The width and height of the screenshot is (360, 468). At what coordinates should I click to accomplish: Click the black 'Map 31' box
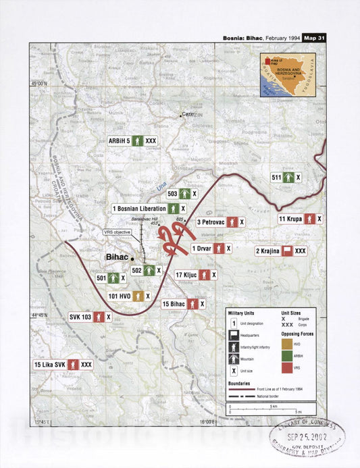(x=313, y=38)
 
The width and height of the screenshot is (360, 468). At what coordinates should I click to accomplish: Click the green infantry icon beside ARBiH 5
(x=137, y=141)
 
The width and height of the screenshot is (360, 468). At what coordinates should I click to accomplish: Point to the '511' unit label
(x=276, y=177)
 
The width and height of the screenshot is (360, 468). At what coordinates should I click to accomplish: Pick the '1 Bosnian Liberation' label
(x=140, y=209)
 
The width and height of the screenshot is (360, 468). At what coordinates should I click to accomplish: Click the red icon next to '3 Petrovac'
(x=232, y=222)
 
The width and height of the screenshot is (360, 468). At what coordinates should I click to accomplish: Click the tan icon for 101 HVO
(x=137, y=296)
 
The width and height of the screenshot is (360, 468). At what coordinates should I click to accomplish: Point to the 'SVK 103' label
(x=80, y=316)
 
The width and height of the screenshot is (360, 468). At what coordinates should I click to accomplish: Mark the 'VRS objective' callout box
(x=118, y=232)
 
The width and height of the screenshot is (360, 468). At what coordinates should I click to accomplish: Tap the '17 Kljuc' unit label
(x=186, y=275)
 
